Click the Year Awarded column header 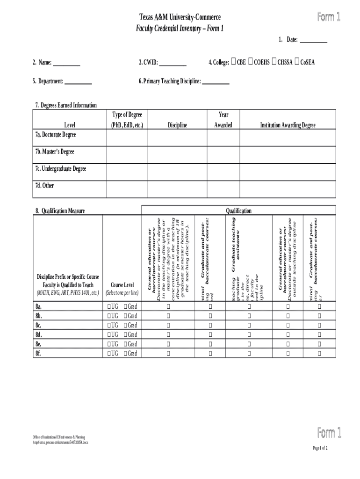[x=223, y=120]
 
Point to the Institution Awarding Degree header [x=288, y=125]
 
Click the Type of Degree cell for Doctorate [x=127, y=138]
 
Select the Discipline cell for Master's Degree [x=177, y=154]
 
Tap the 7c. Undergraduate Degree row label [x=60, y=169]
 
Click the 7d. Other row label [x=44, y=186]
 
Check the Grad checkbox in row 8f [x=126, y=353]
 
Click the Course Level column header [x=122, y=289]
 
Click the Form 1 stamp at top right [x=329, y=17]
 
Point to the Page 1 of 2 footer [x=320, y=448]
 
